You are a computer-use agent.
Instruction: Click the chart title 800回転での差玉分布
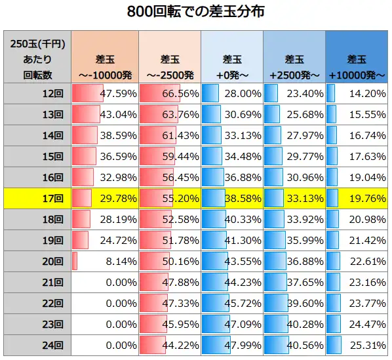(195, 12)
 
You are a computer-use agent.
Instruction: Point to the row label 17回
(37, 197)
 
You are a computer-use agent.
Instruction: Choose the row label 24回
(37, 345)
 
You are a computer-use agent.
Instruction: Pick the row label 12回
(37, 93)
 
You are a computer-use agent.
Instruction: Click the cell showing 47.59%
(104, 93)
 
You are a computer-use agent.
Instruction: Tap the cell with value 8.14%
(104, 261)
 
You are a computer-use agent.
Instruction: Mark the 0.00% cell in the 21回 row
(104, 282)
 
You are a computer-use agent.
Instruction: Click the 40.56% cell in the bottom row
(294, 345)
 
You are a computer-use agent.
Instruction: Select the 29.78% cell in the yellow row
(104, 197)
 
